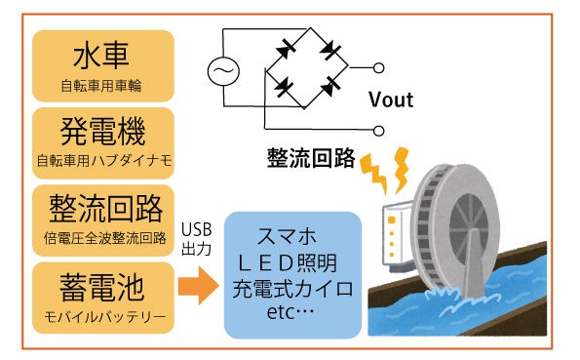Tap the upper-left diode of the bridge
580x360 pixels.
[287, 46]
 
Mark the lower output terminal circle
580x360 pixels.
[378, 128]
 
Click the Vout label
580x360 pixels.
[391, 100]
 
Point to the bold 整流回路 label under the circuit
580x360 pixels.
[310, 159]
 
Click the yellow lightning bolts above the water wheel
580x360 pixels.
[387, 172]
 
